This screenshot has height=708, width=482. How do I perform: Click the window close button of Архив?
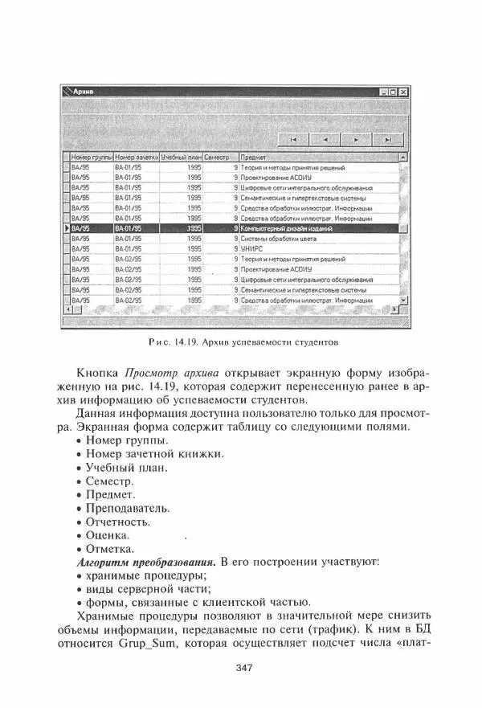403,92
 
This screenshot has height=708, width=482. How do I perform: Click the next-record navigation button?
355,139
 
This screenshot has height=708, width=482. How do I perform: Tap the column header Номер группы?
90,158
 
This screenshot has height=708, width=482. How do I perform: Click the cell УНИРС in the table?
253,249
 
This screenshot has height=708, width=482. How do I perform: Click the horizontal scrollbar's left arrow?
67,309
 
